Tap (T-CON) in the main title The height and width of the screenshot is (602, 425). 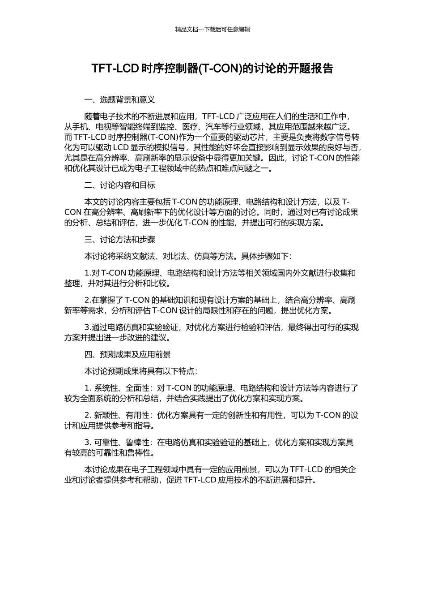pyautogui.click(x=219, y=69)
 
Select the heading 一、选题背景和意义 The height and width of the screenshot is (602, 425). pyautogui.click(x=119, y=99)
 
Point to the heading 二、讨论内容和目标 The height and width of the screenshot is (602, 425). pyautogui.click(x=119, y=185)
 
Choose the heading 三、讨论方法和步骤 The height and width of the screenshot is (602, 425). pyautogui.click(x=119, y=240)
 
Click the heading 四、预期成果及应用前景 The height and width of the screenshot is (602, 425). pyautogui.click(x=127, y=355)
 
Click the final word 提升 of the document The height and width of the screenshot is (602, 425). pyautogui.click(x=306, y=480)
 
